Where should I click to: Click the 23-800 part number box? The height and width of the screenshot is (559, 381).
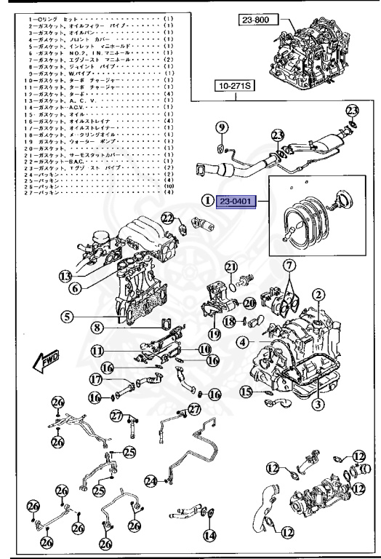click(257, 21)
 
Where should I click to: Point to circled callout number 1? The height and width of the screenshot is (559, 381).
click(208, 200)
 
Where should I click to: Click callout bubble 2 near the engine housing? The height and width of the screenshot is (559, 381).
click(318, 295)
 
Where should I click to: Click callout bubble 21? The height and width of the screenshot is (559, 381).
click(231, 267)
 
